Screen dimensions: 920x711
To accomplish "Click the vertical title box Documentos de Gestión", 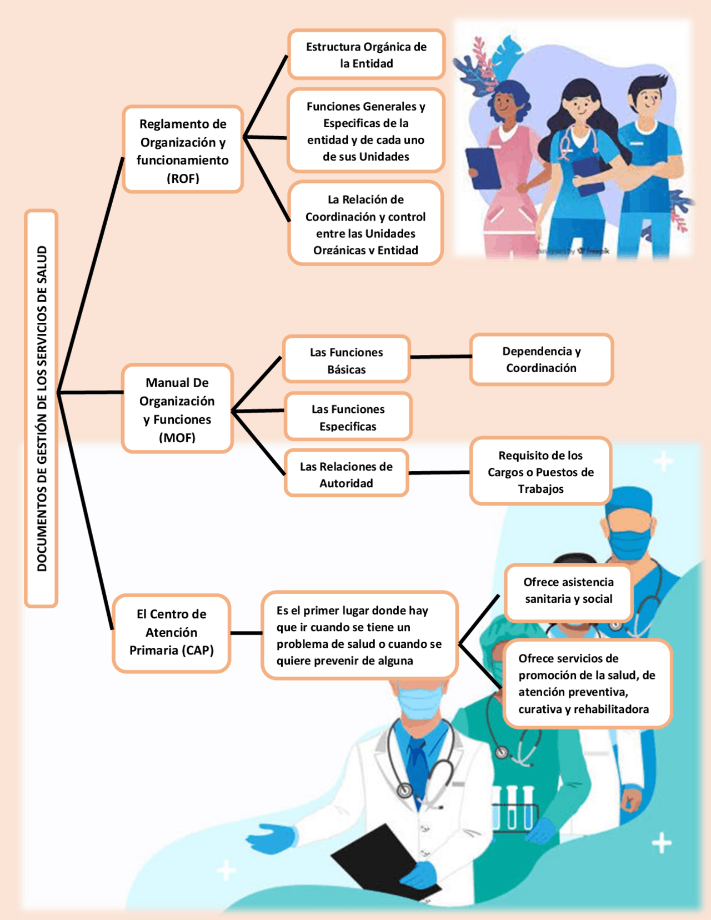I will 41,408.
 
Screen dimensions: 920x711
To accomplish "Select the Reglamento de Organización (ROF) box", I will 183,149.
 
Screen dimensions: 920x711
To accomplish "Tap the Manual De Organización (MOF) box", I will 177,409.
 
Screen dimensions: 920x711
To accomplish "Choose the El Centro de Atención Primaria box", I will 172,633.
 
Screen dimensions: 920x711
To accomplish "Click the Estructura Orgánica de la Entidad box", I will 366,54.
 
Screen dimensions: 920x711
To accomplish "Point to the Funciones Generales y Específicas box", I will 366,131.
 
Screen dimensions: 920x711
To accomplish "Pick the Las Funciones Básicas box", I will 346,359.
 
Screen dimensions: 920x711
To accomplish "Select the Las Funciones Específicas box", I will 348,417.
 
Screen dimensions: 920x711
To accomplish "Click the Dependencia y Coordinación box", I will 541,359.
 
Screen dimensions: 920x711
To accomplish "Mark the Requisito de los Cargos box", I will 540,472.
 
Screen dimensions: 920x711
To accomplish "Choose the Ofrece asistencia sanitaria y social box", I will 568,591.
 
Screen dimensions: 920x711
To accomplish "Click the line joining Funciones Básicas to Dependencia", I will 440,357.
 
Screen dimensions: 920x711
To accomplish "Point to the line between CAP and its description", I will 246,633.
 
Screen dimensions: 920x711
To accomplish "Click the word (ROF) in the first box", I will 183,178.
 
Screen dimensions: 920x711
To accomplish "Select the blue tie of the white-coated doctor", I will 418,761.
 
